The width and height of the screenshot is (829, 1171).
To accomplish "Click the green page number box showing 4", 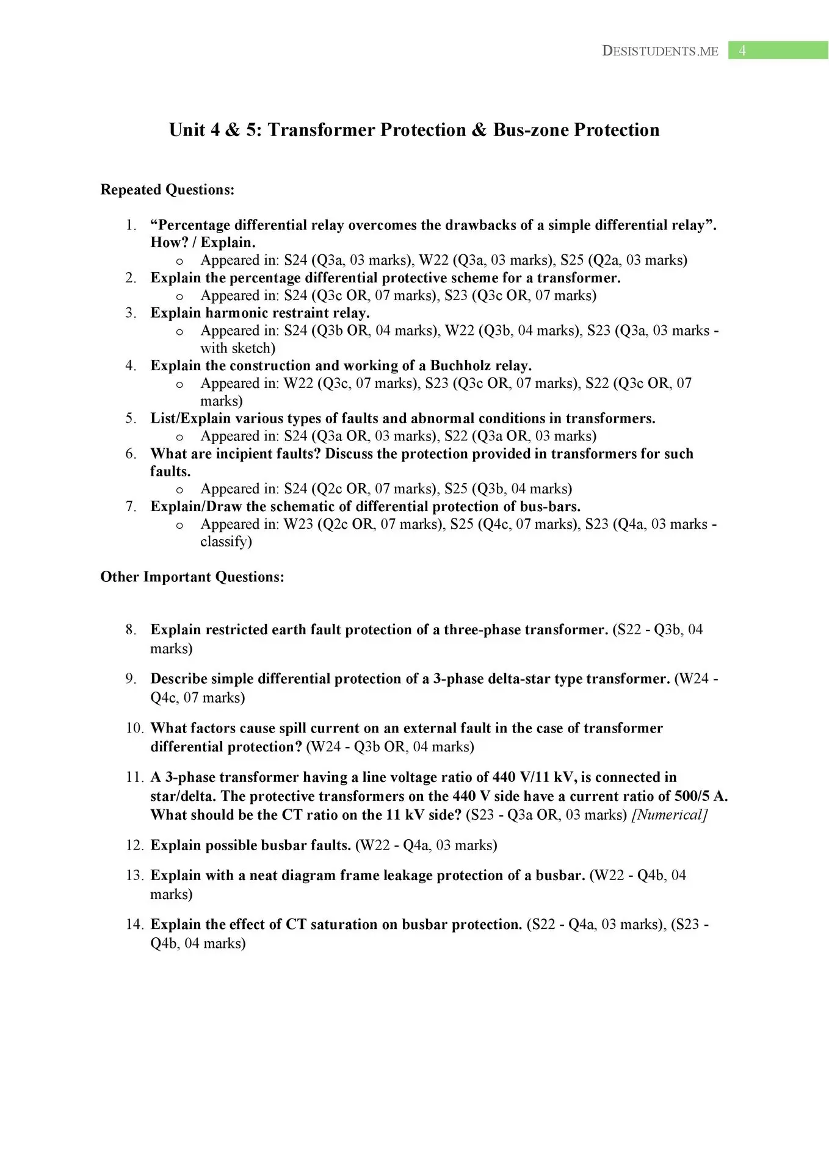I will tap(778, 51).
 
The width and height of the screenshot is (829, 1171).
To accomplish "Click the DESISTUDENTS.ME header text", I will tap(660, 51).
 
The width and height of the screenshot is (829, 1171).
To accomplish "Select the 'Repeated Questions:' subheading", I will tap(167, 190).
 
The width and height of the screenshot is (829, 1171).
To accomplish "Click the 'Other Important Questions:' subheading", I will tap(192, 577).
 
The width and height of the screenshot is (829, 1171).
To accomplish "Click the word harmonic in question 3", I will tap(258, 313).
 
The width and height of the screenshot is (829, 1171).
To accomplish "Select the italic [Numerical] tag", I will tap(670, 815).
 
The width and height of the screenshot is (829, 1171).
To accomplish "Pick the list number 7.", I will tap(131, 507).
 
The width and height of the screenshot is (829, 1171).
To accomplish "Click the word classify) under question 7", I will tap(226, 542).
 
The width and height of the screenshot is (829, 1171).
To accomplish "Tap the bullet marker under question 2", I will tap(179, 296).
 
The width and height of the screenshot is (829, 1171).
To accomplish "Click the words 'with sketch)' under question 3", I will tap(237, 348).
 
